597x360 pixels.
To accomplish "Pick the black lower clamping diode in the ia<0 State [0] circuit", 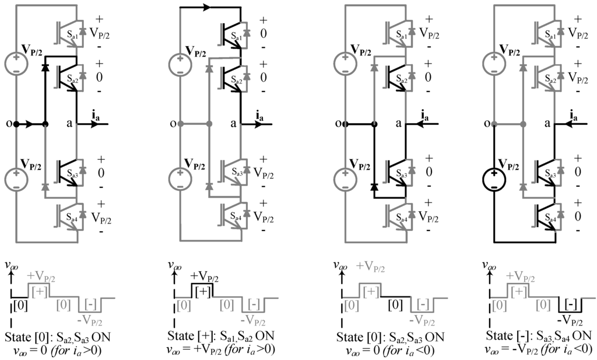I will [x=373, y=187].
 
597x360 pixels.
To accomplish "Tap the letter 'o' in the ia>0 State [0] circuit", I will [x=9, y=124].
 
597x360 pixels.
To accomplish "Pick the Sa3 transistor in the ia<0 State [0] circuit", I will [x=396, y=170].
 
